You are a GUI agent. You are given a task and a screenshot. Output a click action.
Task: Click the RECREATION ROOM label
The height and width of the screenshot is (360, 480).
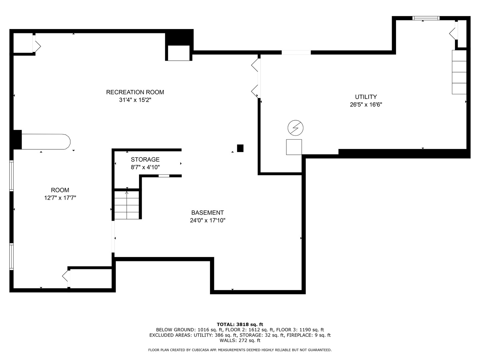(x=135, y=92)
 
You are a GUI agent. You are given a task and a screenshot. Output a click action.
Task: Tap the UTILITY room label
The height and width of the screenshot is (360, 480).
(x=366, y=97)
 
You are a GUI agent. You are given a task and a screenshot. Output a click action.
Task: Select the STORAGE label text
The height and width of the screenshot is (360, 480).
(x=145, y=159)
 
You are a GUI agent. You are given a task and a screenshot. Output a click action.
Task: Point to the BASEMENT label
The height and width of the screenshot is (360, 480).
(x=208, y=212)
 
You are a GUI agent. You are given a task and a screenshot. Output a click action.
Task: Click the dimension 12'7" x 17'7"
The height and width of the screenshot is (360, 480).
(x=60, y=198)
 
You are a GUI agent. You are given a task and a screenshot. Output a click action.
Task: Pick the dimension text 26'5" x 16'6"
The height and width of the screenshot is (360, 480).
(x=366, y=104)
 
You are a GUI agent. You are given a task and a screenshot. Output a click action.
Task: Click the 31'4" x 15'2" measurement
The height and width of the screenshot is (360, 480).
(x=135, y=100)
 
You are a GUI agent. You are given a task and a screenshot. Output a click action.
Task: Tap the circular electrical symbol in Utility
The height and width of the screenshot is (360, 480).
(x=295, y=128)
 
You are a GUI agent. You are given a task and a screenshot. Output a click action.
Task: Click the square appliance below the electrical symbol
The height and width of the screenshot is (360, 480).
(x=294, y=147)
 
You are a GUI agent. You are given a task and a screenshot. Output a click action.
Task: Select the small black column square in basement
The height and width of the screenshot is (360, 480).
(x=240, y=148)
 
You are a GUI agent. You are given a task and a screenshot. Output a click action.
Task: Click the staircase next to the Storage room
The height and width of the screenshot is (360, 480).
(x=127, y=205)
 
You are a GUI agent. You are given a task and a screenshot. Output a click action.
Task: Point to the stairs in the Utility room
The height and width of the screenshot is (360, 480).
(x=459, y=72)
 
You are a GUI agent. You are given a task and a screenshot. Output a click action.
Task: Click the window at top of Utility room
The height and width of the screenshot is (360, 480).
(x=426, y=18)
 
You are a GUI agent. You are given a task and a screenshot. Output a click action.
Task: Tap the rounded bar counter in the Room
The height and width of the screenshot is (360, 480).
(x=46, y=142)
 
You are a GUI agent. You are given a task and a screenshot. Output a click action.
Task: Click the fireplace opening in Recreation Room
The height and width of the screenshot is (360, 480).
(x=179, y=53)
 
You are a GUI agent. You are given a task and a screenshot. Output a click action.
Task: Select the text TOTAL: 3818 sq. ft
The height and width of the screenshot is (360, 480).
(x=240, y=324)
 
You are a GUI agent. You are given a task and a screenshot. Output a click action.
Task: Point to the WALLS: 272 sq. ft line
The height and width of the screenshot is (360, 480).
(x=240, y=340)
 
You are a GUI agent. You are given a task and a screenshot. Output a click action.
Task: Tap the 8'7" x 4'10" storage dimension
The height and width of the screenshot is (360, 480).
(x=145, y=167)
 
